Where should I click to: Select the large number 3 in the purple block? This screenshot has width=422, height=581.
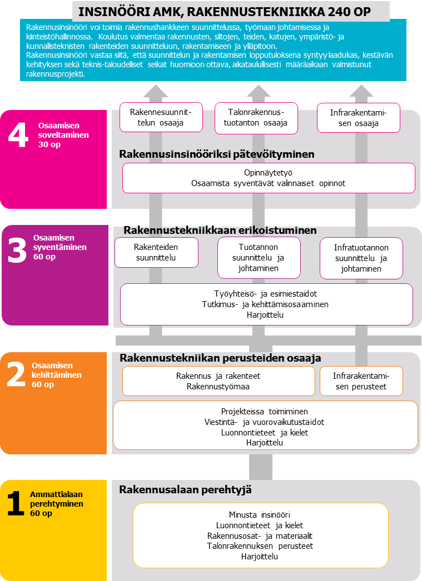(17, 251)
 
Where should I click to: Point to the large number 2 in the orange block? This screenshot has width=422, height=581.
(16, 376)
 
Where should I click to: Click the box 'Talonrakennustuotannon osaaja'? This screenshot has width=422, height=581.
(256, 118)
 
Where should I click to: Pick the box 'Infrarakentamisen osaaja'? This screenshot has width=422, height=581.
(358, 118)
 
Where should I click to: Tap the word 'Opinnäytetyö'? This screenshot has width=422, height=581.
(269, 173)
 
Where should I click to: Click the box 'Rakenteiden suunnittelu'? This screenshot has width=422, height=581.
(156, 252)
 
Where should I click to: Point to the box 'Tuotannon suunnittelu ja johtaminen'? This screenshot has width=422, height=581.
(259, 258)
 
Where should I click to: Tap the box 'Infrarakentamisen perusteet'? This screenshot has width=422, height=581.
(361, 381)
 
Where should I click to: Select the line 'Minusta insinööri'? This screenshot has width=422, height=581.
(260, 514)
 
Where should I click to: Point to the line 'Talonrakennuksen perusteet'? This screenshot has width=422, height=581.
(260, 546)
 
